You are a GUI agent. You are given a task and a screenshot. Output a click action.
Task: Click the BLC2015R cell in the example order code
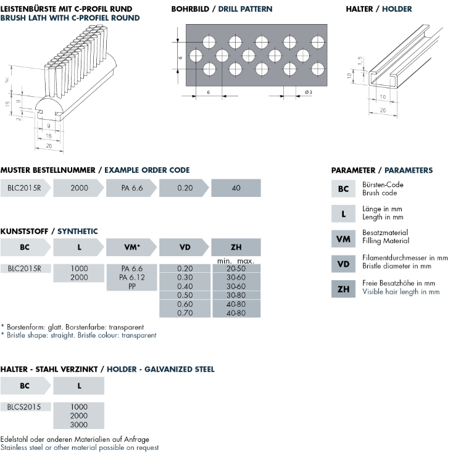coord(24,188)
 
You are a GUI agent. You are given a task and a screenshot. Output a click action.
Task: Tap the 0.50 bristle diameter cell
coord(185,296)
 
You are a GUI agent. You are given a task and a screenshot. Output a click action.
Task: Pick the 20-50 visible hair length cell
coord(236,268)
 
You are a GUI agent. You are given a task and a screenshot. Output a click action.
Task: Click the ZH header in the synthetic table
coord(236,247)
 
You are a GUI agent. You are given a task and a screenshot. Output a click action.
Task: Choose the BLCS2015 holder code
coord(24,407)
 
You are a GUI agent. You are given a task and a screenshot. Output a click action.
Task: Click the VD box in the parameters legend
coord(343,265)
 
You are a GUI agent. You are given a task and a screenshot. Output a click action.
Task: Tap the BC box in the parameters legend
coord(343,188)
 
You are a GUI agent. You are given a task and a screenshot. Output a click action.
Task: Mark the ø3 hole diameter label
coord(308,93)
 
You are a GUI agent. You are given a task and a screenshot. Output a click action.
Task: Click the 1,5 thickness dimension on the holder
coord(359,60)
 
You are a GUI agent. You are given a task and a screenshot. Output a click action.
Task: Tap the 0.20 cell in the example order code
coord(185,188)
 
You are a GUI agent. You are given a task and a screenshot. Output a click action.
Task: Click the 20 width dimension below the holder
coord(383,109)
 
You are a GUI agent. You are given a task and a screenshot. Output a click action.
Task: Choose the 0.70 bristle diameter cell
coord(185,314)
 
